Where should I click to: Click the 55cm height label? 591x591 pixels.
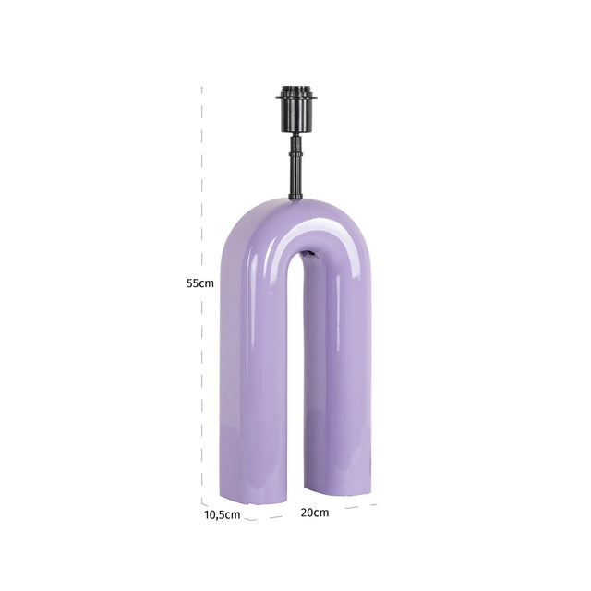pyautogui.click(x=199, y=283)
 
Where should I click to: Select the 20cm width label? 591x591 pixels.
pyautogui.click(x=314, y=512)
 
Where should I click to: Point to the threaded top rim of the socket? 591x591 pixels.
pyautogui.click(x=295, y=91)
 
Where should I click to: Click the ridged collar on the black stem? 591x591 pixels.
pyautogui.click(x=295, y=146)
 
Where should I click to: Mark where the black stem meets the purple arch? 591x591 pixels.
pyautogui.click(x=295, y=197)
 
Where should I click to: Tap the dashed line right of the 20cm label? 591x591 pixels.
pyautogui.click(x=356, y=506)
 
